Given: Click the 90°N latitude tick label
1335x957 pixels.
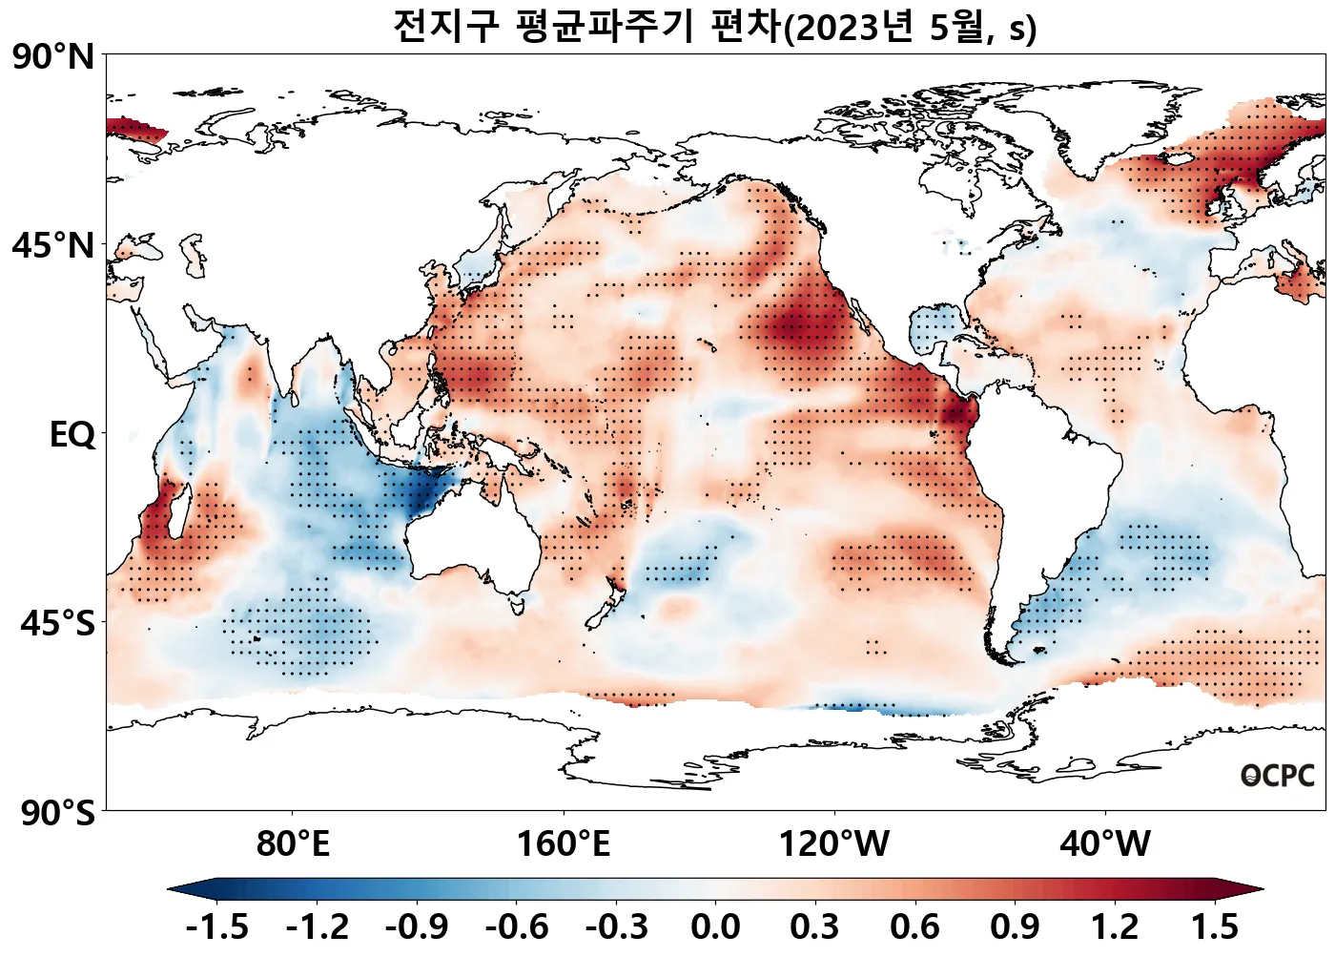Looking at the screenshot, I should coord(53,57).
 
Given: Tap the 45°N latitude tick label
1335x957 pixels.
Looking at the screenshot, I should coord(53,246).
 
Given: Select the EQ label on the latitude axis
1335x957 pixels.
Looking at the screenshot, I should coord(72,435).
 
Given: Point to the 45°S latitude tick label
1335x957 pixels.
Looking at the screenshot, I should coord(57,624).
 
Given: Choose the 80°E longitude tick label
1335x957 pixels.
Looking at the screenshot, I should coord(293,844).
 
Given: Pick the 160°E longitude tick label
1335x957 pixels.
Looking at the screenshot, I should coord(564,844).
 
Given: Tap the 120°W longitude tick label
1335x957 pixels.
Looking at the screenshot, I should coord(834,844).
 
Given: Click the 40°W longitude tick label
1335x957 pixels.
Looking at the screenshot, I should coord(1105,844).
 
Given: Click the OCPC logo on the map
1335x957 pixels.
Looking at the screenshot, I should coord(1278,776).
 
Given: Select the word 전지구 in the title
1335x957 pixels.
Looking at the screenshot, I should coord(445,27).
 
